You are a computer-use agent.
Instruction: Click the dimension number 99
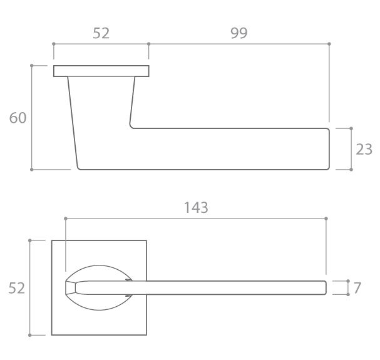[x=239, y=33]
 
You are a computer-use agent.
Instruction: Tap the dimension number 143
[x=196, y=208]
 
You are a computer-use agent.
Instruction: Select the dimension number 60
[x=18, y=118]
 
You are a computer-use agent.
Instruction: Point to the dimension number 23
[x=364, y=150]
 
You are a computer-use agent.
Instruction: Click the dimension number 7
[x=357, y=288]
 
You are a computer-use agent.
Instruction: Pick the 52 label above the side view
[x=101, y=33]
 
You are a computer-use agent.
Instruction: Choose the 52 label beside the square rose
[x=17, y=288]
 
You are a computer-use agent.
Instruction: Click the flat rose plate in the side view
[x=101, y=71]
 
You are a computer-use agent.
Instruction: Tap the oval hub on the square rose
[x=99, y=265]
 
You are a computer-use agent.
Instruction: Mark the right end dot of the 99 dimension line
[x=329, y=44]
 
